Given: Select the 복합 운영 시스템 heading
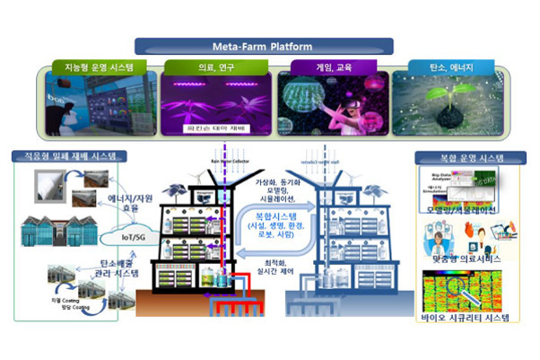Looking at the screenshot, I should pos(461,158).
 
